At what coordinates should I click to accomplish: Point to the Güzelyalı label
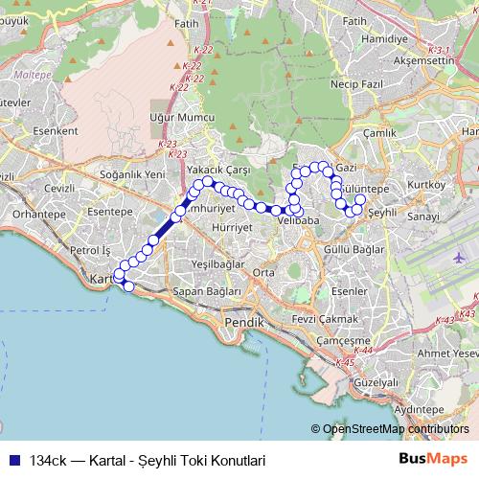tap(376, 381)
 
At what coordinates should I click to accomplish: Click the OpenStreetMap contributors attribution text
tap(395, 429)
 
